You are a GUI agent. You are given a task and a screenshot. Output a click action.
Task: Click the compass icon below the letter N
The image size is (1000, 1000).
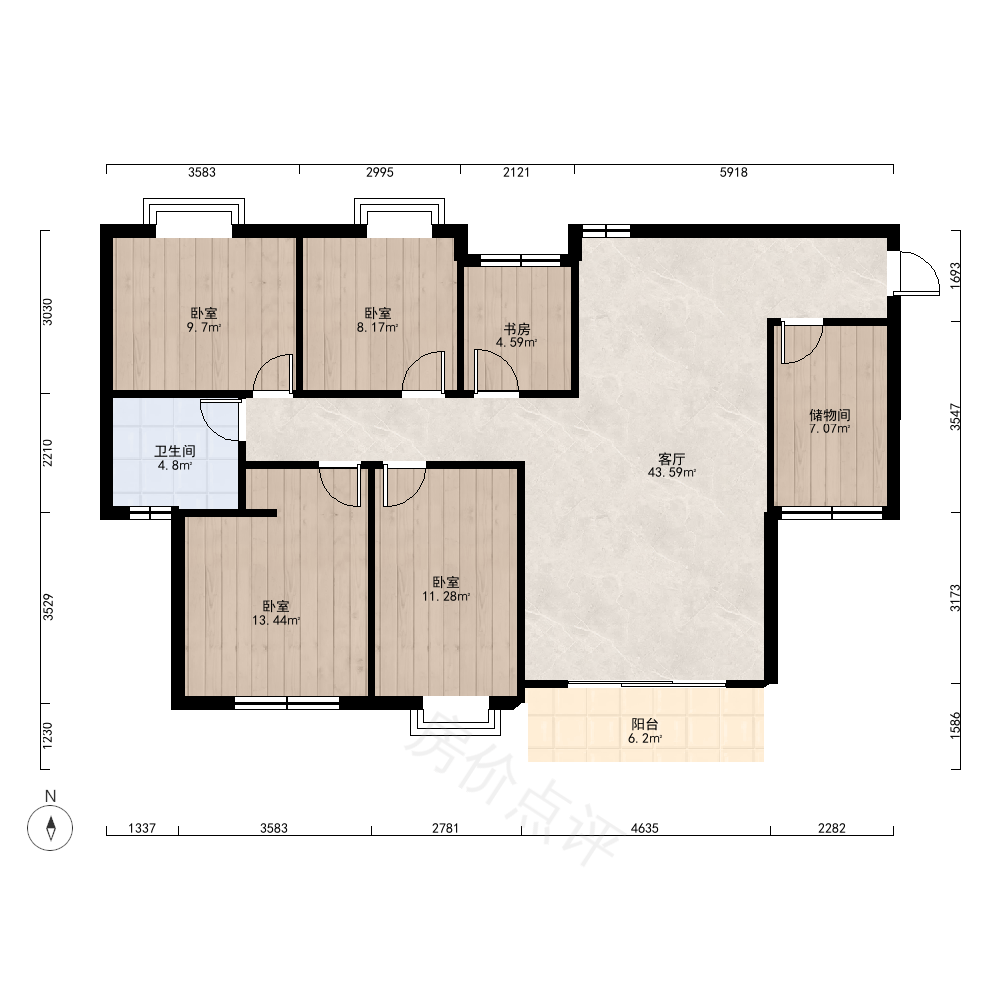50,828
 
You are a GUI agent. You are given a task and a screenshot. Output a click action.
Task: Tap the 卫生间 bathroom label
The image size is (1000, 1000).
175,452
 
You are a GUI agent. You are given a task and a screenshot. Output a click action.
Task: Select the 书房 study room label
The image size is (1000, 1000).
517,329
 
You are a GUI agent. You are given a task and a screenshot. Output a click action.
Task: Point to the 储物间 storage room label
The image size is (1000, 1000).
830,415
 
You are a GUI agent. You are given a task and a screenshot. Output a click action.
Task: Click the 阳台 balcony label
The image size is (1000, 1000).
645,724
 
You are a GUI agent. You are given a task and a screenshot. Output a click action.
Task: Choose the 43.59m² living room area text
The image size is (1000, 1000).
672,473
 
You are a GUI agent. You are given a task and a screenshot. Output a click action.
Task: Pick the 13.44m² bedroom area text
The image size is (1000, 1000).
276,621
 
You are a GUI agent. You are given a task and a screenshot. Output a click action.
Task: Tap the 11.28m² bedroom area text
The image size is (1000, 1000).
446,597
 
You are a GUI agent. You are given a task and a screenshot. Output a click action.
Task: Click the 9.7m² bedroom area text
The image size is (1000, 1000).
203,328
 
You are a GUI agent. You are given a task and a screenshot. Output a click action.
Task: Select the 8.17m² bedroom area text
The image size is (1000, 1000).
378,328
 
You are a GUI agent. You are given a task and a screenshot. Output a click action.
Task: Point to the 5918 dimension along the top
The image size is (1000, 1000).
733,172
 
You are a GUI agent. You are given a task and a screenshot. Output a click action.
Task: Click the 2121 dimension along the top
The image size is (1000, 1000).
517,172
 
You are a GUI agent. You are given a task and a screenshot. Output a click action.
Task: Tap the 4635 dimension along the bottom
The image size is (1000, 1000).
645,828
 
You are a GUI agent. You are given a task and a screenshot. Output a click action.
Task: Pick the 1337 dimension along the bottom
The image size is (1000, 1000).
142,828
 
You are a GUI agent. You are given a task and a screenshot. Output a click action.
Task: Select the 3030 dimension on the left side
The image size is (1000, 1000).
48,312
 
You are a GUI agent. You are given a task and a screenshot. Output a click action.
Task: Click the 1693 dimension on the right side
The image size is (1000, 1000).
955,276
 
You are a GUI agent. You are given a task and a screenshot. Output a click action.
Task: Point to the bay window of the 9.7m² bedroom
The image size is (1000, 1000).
193,210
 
